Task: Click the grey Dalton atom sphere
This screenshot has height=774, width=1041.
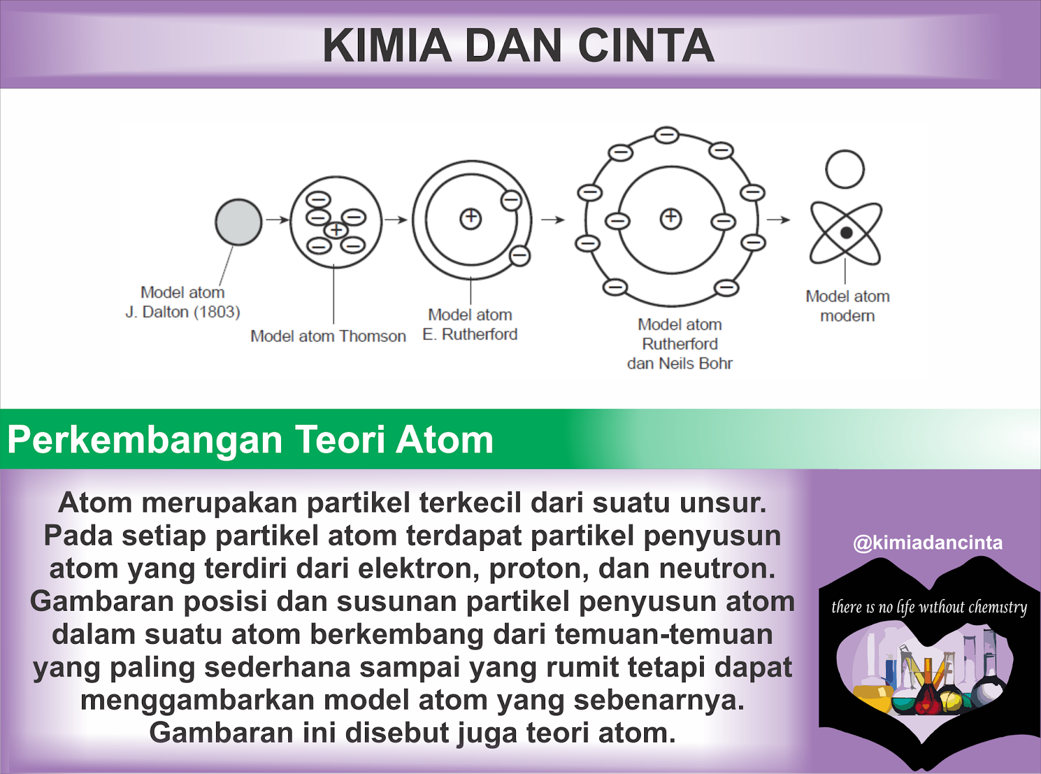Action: [239, 222]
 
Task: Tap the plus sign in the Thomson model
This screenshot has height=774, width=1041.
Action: [336, 230]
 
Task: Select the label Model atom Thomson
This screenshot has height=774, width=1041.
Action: [328, 336]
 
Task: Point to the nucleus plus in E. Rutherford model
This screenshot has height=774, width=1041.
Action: [470, 219]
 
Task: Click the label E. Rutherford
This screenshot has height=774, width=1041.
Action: [470, 334]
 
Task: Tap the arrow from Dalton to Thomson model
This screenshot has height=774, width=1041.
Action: [277, 220]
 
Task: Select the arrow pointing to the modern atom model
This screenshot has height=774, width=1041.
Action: [778, 220]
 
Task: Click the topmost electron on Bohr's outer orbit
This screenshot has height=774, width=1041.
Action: [666, 135]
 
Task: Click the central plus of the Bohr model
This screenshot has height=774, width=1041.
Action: [671, 218]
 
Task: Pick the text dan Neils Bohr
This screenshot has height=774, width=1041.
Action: [679, 364]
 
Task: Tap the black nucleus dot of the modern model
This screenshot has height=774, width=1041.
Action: [846, 232]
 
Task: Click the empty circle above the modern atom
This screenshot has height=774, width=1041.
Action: [845, 169]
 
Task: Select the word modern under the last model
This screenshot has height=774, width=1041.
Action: [847, 316]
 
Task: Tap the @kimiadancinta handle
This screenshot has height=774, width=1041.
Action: [928, 542]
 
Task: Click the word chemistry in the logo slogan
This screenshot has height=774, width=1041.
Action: [997, 607]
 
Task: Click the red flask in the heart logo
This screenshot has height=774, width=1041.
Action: [926, 699]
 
